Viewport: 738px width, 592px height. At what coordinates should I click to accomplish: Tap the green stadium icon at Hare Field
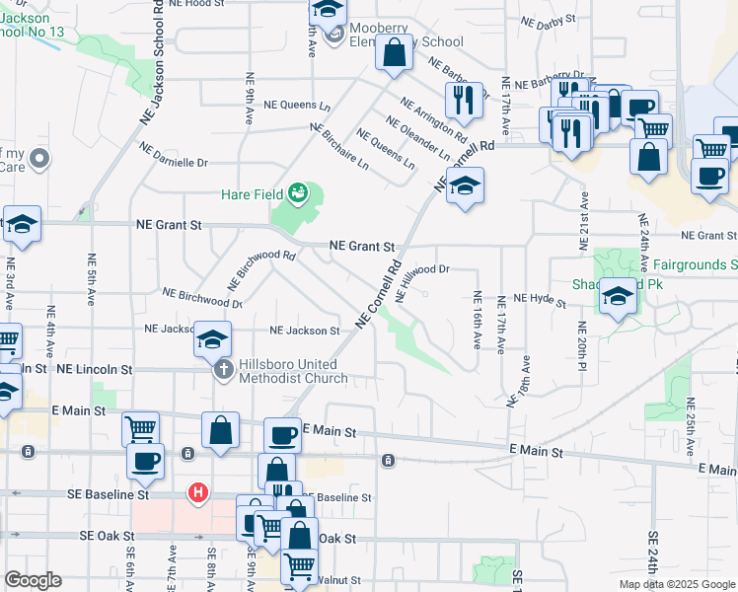pyautogui.click(x=298, y=194)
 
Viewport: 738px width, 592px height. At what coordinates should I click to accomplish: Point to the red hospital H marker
pyautogui.click(x=198, y=492)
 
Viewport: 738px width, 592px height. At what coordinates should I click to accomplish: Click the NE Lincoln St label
pyautogui.click(x=94, y=368)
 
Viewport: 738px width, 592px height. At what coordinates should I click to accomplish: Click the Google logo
pyautogui.click(x=33, y=580)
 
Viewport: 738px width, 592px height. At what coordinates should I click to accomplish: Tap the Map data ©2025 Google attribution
pyautogui.click(x=676, y=584)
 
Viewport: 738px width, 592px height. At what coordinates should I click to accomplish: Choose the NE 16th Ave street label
pyautogui.click(x=477, y=320)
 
